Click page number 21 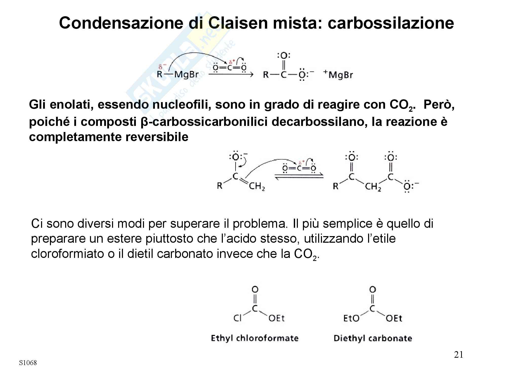[458, 355]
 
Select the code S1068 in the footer [28, 363]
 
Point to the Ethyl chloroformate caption [255, 338]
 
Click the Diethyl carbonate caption [373, 338]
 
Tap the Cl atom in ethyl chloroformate [238, 318]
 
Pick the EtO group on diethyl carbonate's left [351, 318]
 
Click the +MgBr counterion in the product [338, 75]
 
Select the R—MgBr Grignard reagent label [177, 75]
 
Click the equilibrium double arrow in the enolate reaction [299, 177]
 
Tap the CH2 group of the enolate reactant [257, 187]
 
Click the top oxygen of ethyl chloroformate [255, 289]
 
